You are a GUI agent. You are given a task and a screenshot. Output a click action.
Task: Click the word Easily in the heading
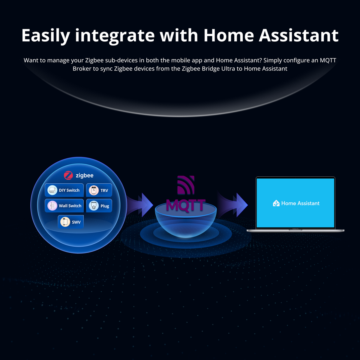(46, 35)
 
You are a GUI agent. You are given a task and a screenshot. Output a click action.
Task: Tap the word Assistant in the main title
(298, 35)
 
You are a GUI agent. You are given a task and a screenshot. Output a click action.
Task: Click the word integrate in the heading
(115, 35)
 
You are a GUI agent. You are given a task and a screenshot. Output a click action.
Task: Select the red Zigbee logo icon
(68, 175)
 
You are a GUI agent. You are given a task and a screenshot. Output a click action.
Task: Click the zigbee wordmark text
(85, 175)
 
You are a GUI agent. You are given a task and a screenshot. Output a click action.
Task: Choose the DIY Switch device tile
(64, 190)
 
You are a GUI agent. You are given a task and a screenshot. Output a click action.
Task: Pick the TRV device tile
(99, 190)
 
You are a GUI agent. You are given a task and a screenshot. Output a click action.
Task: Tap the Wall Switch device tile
(64, 206)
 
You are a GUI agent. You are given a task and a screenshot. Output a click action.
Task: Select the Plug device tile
(99, 206)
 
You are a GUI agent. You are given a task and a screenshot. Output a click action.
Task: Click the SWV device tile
(71, 222)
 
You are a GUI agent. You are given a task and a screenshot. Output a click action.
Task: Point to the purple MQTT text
(186, 206)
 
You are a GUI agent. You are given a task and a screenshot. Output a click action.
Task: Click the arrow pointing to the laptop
(234, 205)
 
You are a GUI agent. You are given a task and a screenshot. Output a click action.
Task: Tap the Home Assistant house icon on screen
(276, 203)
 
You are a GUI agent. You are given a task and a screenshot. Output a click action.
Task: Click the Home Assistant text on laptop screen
(300, 203)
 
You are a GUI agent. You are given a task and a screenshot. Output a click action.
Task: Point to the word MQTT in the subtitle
(328, 60)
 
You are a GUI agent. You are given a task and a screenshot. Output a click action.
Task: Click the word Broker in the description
(82, 69)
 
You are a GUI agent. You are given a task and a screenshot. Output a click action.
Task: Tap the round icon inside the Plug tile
(94, 206)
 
